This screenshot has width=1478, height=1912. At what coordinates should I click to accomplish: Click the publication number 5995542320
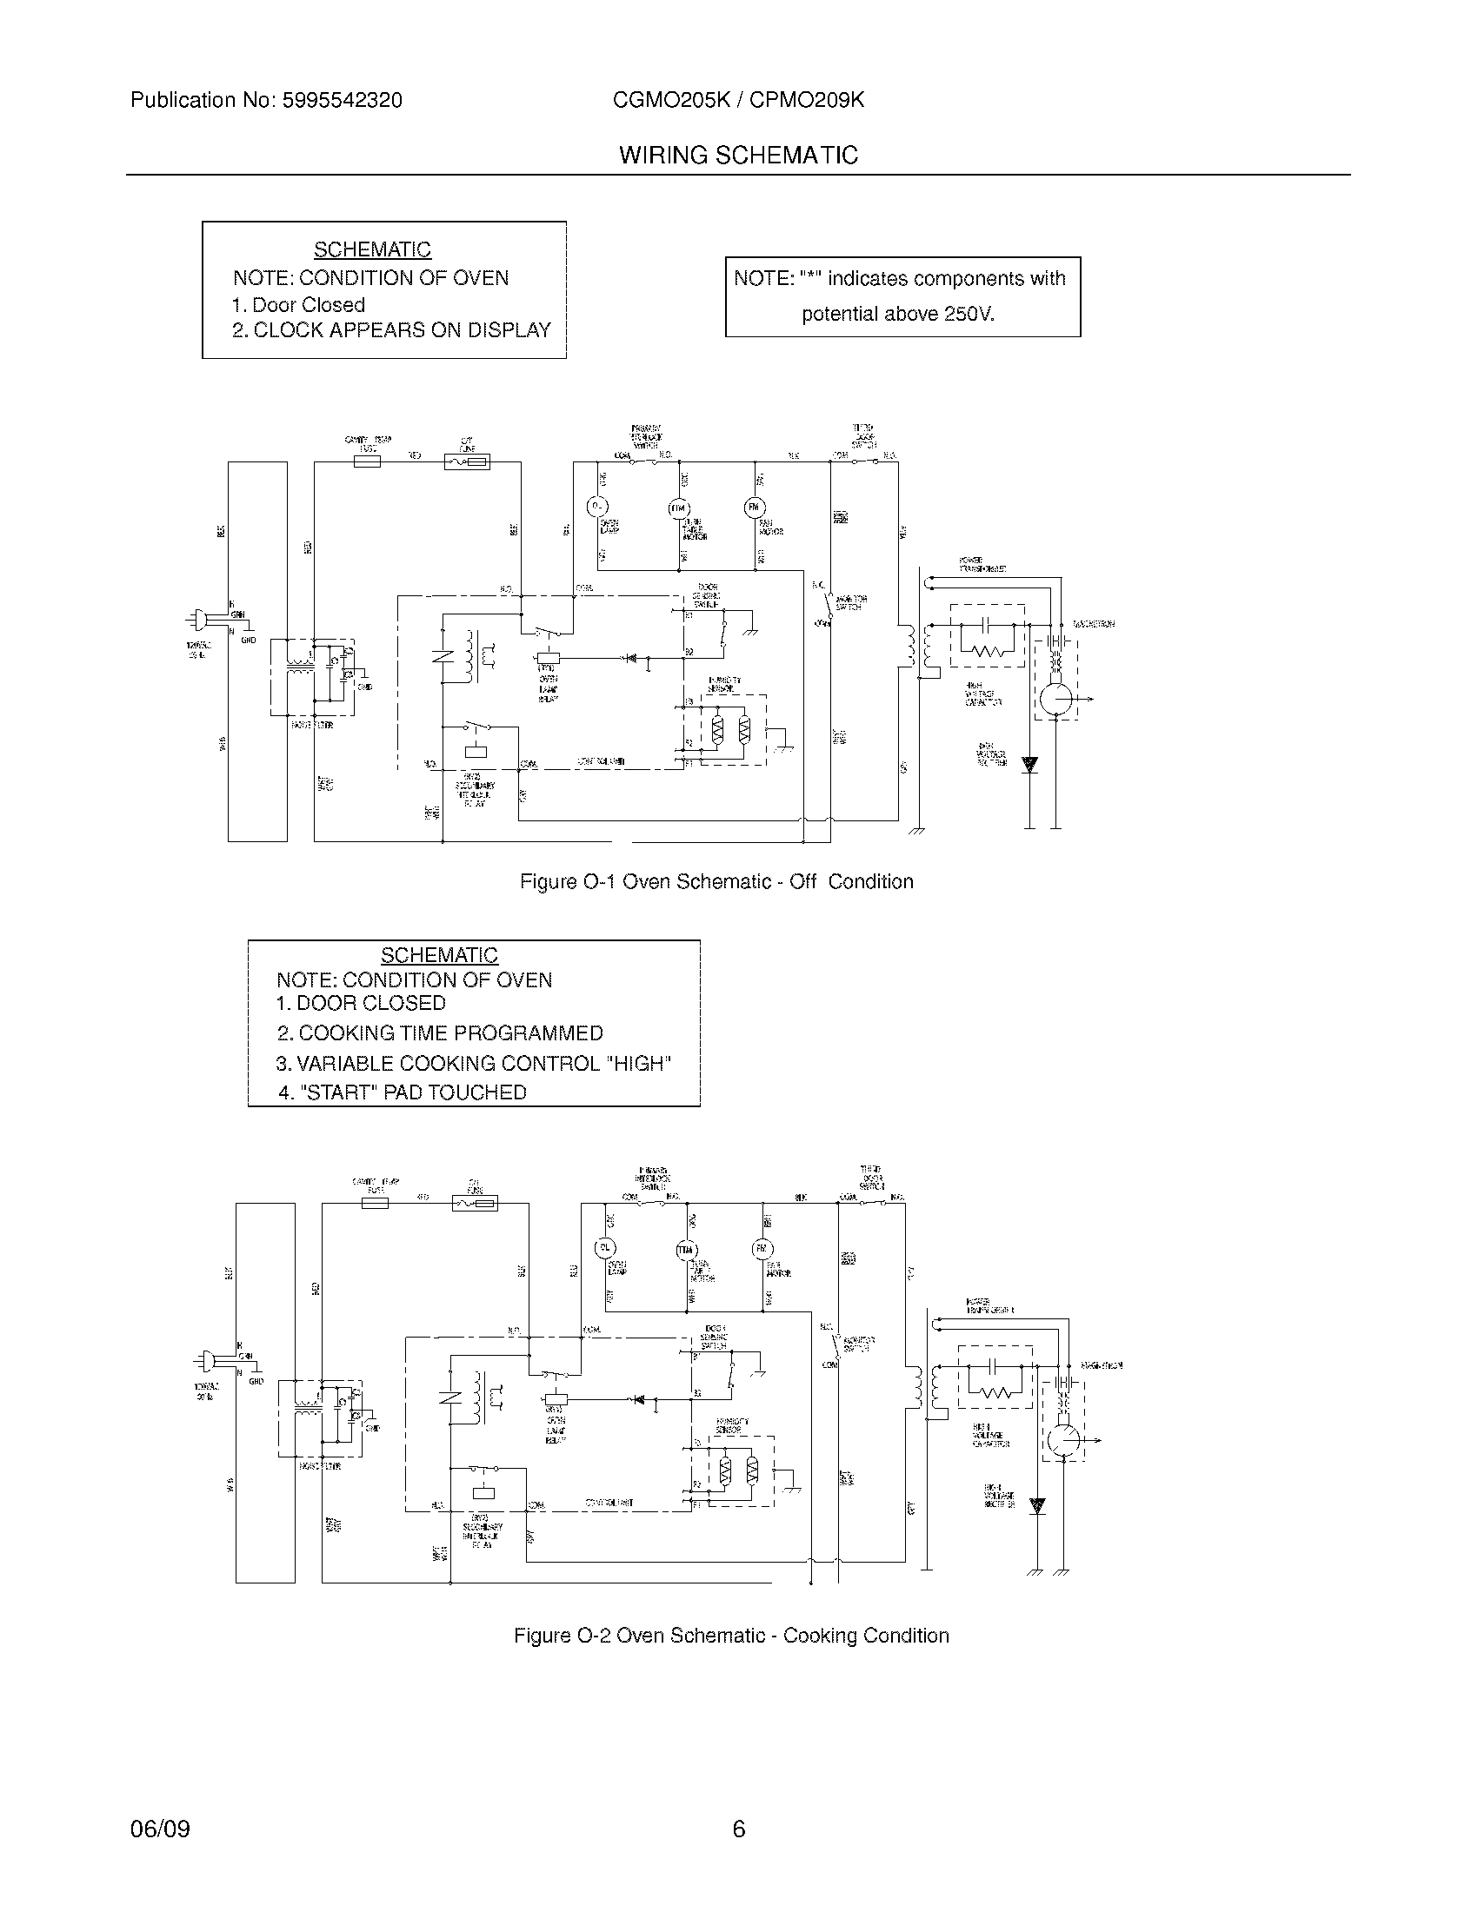342,101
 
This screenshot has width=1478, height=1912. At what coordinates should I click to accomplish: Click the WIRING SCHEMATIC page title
738,156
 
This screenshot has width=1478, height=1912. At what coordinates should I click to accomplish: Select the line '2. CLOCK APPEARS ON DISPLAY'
391,330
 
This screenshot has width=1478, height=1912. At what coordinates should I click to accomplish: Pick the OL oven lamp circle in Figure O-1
596,506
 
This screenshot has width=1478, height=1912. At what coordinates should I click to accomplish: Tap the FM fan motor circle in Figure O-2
762,1248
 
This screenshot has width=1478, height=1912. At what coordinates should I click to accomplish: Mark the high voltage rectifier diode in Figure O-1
1029,763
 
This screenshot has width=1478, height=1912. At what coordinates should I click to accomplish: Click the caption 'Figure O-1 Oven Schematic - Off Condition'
716,881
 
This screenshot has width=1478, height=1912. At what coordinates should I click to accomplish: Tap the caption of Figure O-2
731,1636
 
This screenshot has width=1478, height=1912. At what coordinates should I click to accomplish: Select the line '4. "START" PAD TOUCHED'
403,1092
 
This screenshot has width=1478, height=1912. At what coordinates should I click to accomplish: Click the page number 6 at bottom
738,1829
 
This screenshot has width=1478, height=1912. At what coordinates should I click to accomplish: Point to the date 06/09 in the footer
160,1829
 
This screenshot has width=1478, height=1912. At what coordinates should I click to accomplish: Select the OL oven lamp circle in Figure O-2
605,1247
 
